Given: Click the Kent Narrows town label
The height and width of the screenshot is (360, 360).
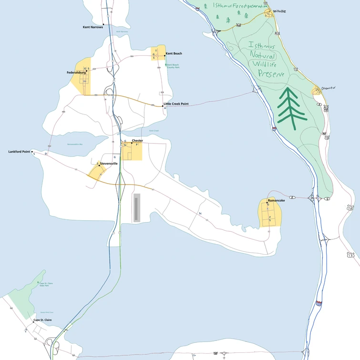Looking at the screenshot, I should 93,27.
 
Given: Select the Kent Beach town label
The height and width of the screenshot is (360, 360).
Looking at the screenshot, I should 174,53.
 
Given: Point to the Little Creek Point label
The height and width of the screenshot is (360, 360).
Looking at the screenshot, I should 176,103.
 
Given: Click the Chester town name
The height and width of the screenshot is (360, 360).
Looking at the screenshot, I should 137,141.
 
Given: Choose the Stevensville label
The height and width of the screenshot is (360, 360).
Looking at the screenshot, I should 109,164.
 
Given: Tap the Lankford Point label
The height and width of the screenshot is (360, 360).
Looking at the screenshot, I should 19,152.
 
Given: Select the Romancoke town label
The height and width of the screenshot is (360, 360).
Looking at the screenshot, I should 277,201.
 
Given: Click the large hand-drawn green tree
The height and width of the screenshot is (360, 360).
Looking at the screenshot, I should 290,109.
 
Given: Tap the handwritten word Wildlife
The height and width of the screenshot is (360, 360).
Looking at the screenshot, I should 267,63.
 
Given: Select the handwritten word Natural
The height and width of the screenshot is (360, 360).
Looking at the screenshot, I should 263,55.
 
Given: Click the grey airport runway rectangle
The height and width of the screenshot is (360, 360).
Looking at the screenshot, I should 137,208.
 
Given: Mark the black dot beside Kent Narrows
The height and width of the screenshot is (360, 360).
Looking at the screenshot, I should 103,24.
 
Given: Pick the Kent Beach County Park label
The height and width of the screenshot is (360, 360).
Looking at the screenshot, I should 172,66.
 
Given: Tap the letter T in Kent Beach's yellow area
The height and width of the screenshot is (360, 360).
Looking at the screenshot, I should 156,51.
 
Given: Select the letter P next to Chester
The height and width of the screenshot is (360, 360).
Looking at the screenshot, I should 137,144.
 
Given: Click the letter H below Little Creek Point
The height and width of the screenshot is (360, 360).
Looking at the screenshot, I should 165,108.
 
